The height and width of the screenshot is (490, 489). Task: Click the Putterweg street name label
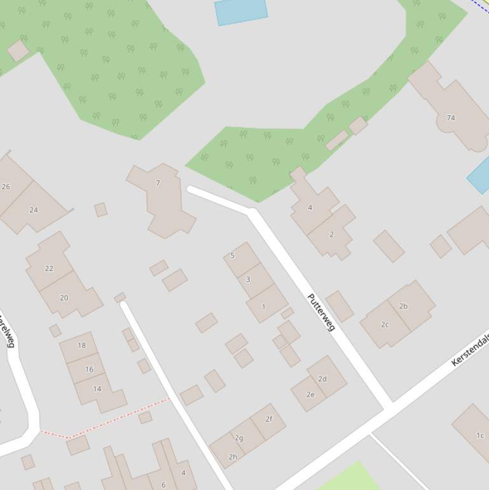click(x=320, y=312)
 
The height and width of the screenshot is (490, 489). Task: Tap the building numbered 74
click(x=451, y=118)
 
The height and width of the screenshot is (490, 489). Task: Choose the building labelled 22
click(x=49, y=268)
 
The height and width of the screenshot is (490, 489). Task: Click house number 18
click(x=81, y=346)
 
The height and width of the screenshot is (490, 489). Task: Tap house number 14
click(x=97, y=389)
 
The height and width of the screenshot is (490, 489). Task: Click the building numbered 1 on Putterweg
click(x=264, y=306)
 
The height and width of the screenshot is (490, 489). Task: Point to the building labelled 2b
click(x=403, y=306)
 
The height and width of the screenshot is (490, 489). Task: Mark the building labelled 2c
click(x=384, y=325)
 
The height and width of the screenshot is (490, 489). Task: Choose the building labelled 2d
click(x=322, y=379)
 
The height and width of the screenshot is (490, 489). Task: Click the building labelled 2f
click(x=268, y=419)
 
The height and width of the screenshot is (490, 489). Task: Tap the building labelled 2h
click(x=233, y=456)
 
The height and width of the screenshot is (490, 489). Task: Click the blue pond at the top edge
click(x=240, y=11)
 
